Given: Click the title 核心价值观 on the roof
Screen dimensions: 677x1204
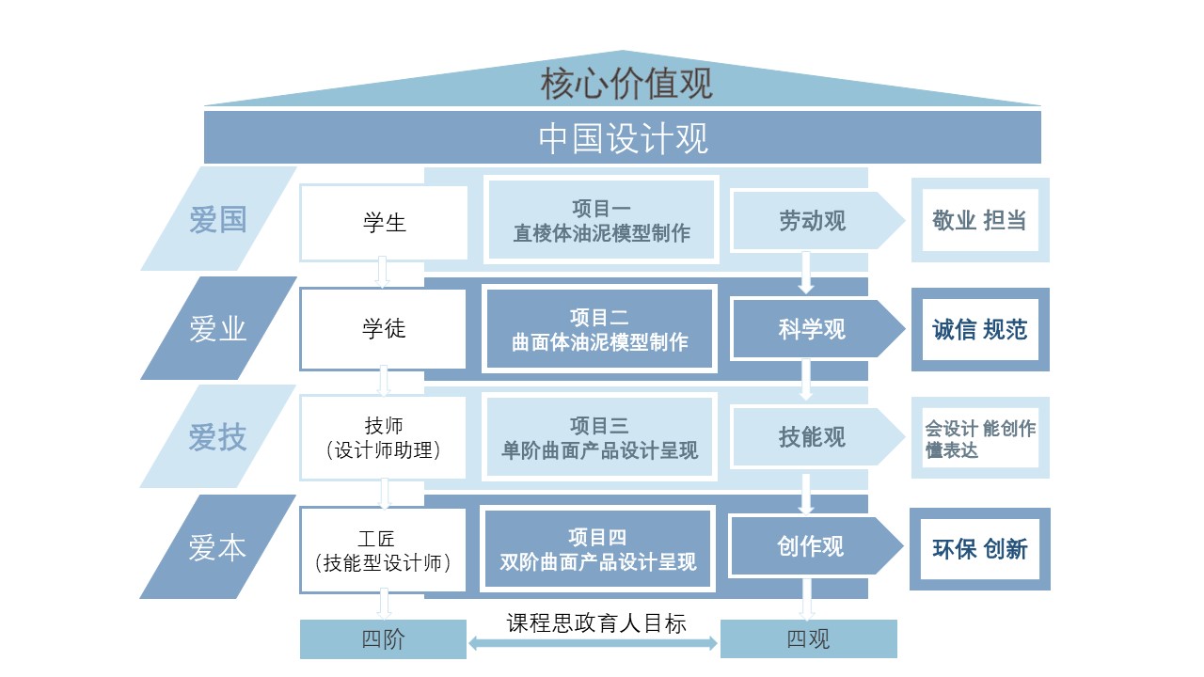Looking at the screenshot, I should click(626, 84).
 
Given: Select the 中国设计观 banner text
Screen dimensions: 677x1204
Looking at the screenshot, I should click(623, 138).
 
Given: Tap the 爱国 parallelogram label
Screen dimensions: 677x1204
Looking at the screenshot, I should click(218, 220).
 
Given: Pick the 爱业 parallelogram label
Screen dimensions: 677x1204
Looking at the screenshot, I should click(218, 329).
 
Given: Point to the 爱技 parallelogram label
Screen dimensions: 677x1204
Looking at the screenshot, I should click(218, 437).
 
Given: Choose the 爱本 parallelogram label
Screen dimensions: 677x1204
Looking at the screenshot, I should click(218, 547).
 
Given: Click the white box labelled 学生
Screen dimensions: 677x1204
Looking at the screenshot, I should click(384, 223).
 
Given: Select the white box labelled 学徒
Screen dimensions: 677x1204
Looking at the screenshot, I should click(384, 329).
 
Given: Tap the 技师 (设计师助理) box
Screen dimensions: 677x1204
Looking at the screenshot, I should click(384, 437).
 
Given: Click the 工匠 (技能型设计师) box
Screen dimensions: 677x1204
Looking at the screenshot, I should click(384, 551).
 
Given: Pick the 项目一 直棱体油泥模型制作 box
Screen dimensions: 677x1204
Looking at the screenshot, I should click(601, 220).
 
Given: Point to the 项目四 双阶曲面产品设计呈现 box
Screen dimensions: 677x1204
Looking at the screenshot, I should click(598, 550).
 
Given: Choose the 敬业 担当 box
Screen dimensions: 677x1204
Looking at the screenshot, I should click(979, 221).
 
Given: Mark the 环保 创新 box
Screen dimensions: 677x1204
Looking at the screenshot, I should click(979, 549).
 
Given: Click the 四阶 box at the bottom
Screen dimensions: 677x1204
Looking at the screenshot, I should click(384, 639).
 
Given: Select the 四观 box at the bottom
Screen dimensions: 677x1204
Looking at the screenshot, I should click(808, 639).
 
